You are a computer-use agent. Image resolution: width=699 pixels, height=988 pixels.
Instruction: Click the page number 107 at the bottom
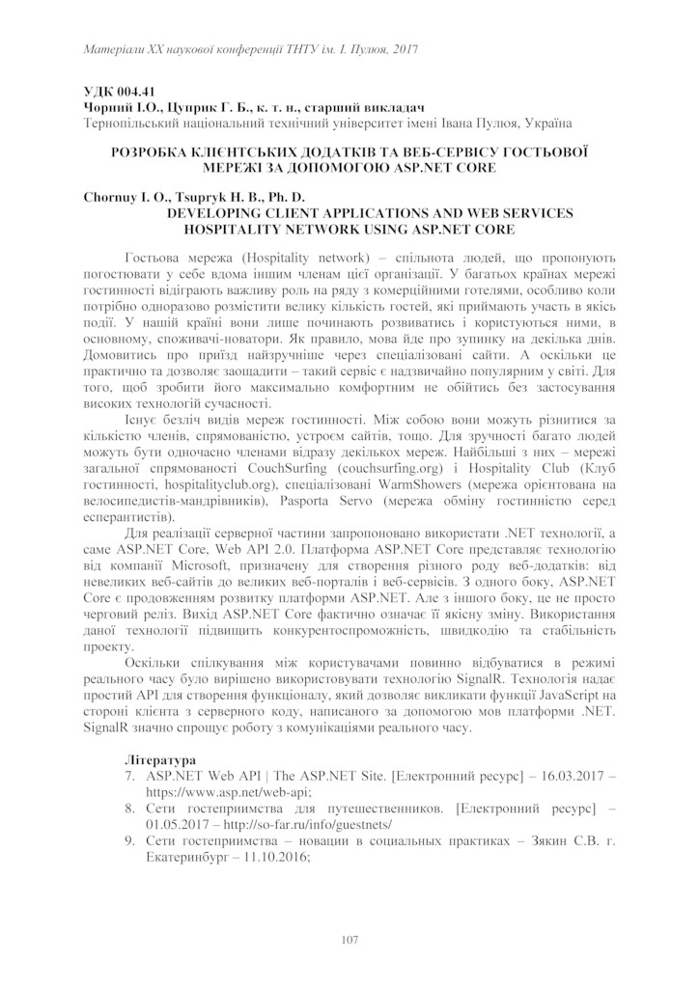point(349,939)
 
